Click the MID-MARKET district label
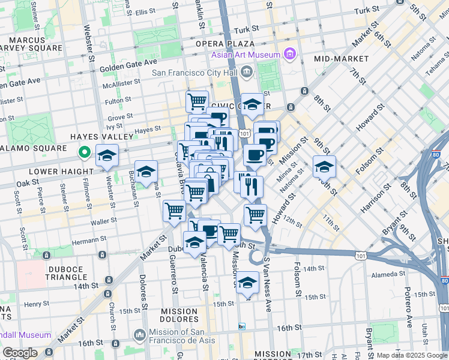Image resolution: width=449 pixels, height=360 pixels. pos(341,59)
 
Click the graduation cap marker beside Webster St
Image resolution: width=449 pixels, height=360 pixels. pos(107,155)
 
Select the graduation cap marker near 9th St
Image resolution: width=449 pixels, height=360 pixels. pos(324,166)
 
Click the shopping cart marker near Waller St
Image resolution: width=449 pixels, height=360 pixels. pos(174,211)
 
